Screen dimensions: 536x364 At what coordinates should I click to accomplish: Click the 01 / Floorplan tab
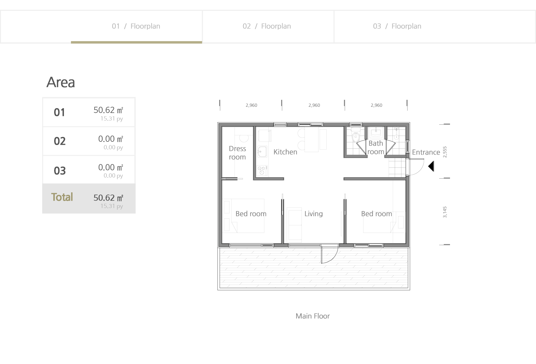coord(136,26)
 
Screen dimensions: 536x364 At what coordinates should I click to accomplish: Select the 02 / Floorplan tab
coord(267,26)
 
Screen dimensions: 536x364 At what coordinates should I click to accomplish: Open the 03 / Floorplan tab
coord(397,26)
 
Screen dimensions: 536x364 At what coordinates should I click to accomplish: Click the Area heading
coord(61,82)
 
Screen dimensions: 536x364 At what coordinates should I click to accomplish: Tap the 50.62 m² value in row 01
coord(108,110)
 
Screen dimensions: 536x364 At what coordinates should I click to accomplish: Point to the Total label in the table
coord(62,197)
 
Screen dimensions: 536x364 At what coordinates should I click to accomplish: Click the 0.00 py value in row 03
coord(113,176)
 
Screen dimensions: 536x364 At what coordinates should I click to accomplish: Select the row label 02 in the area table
coord(60,141)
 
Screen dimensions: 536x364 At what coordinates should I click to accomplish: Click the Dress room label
coord(237,153)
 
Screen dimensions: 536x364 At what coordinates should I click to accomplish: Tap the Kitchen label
coord(285,152)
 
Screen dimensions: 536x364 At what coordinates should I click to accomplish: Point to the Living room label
coord(314,214)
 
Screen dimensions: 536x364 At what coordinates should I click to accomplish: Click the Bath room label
coord(376,148)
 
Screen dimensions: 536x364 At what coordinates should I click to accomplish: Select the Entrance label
coord(426,152)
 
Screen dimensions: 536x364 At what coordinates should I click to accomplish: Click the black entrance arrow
coord(432,166)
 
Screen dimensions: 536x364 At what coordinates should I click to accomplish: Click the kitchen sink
coord(262,152)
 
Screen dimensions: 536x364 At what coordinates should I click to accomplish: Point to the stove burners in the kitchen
coord(262,170)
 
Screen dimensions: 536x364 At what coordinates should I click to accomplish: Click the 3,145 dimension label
coord(445,212)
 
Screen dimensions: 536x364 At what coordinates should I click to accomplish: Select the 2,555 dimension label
coord(445,152)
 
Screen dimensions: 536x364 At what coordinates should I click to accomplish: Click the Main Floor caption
coord(313,316)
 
